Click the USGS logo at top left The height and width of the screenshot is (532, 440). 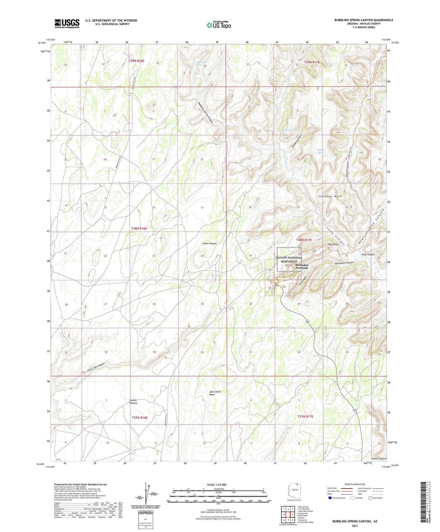click(67, 23)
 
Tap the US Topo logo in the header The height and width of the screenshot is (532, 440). click(219, 25)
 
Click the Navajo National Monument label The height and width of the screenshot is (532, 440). click(289, 259)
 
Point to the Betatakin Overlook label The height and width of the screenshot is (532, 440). click(302, 266)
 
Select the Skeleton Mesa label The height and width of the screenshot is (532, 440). click(330, 196)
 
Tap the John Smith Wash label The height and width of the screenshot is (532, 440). click(215, 393)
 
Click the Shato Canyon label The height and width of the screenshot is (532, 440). click(209, 243)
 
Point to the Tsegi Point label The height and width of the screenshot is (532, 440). click(333, 244)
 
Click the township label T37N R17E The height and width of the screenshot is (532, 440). click(305, 416)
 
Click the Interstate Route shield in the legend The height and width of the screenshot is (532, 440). click(330, 498)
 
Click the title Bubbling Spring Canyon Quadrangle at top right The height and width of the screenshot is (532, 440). click(363, 20)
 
